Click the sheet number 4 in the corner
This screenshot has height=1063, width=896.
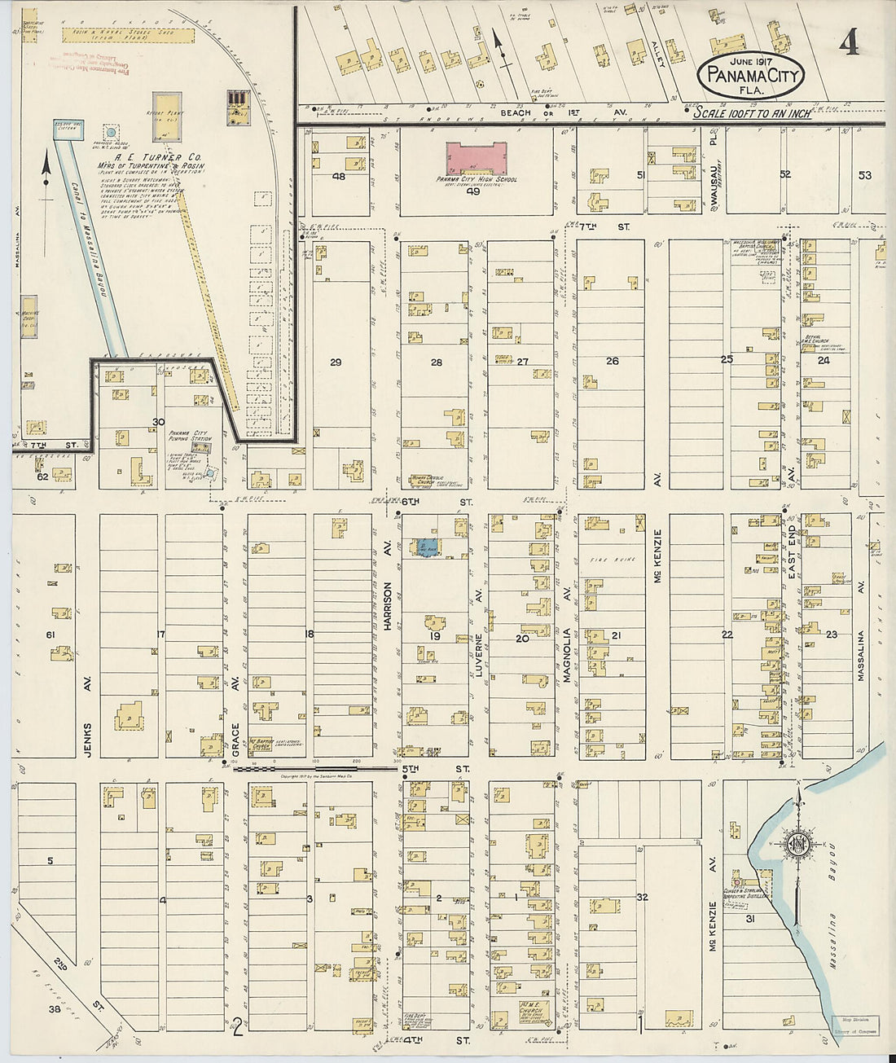[x=850, y=42]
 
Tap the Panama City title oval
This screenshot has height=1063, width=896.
[x=750, y=76]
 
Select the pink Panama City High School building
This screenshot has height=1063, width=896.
[x=477, y=158]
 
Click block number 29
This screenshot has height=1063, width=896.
[x=336, y=362]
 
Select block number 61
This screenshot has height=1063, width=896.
[x=50, y=635]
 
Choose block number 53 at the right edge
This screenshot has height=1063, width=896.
[x=864, y=174]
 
